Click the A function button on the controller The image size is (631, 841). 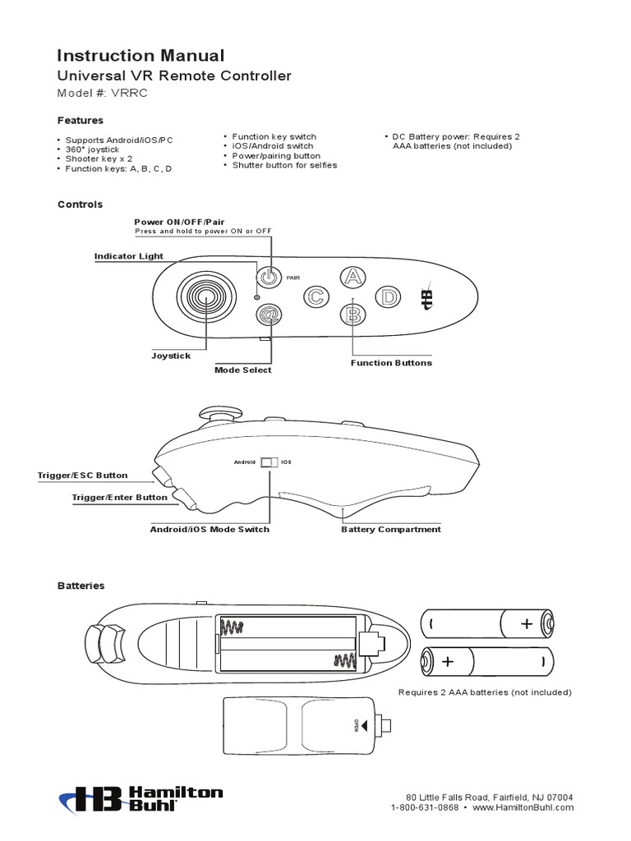pos(352,278)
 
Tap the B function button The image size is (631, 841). pos(352,313)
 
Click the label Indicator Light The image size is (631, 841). pos(129,256)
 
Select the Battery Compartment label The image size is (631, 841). pos(391,530)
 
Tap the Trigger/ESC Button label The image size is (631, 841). pos(83,476)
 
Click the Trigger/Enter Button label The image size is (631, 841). pos(120,498)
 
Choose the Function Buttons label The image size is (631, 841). pos(391,363)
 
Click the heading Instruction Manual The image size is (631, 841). pos(140,56)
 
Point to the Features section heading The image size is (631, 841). pos(80,121)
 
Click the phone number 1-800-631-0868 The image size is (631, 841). pos(426,808)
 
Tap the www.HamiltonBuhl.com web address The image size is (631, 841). pos(523,808)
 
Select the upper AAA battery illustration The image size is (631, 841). pos(487,623)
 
